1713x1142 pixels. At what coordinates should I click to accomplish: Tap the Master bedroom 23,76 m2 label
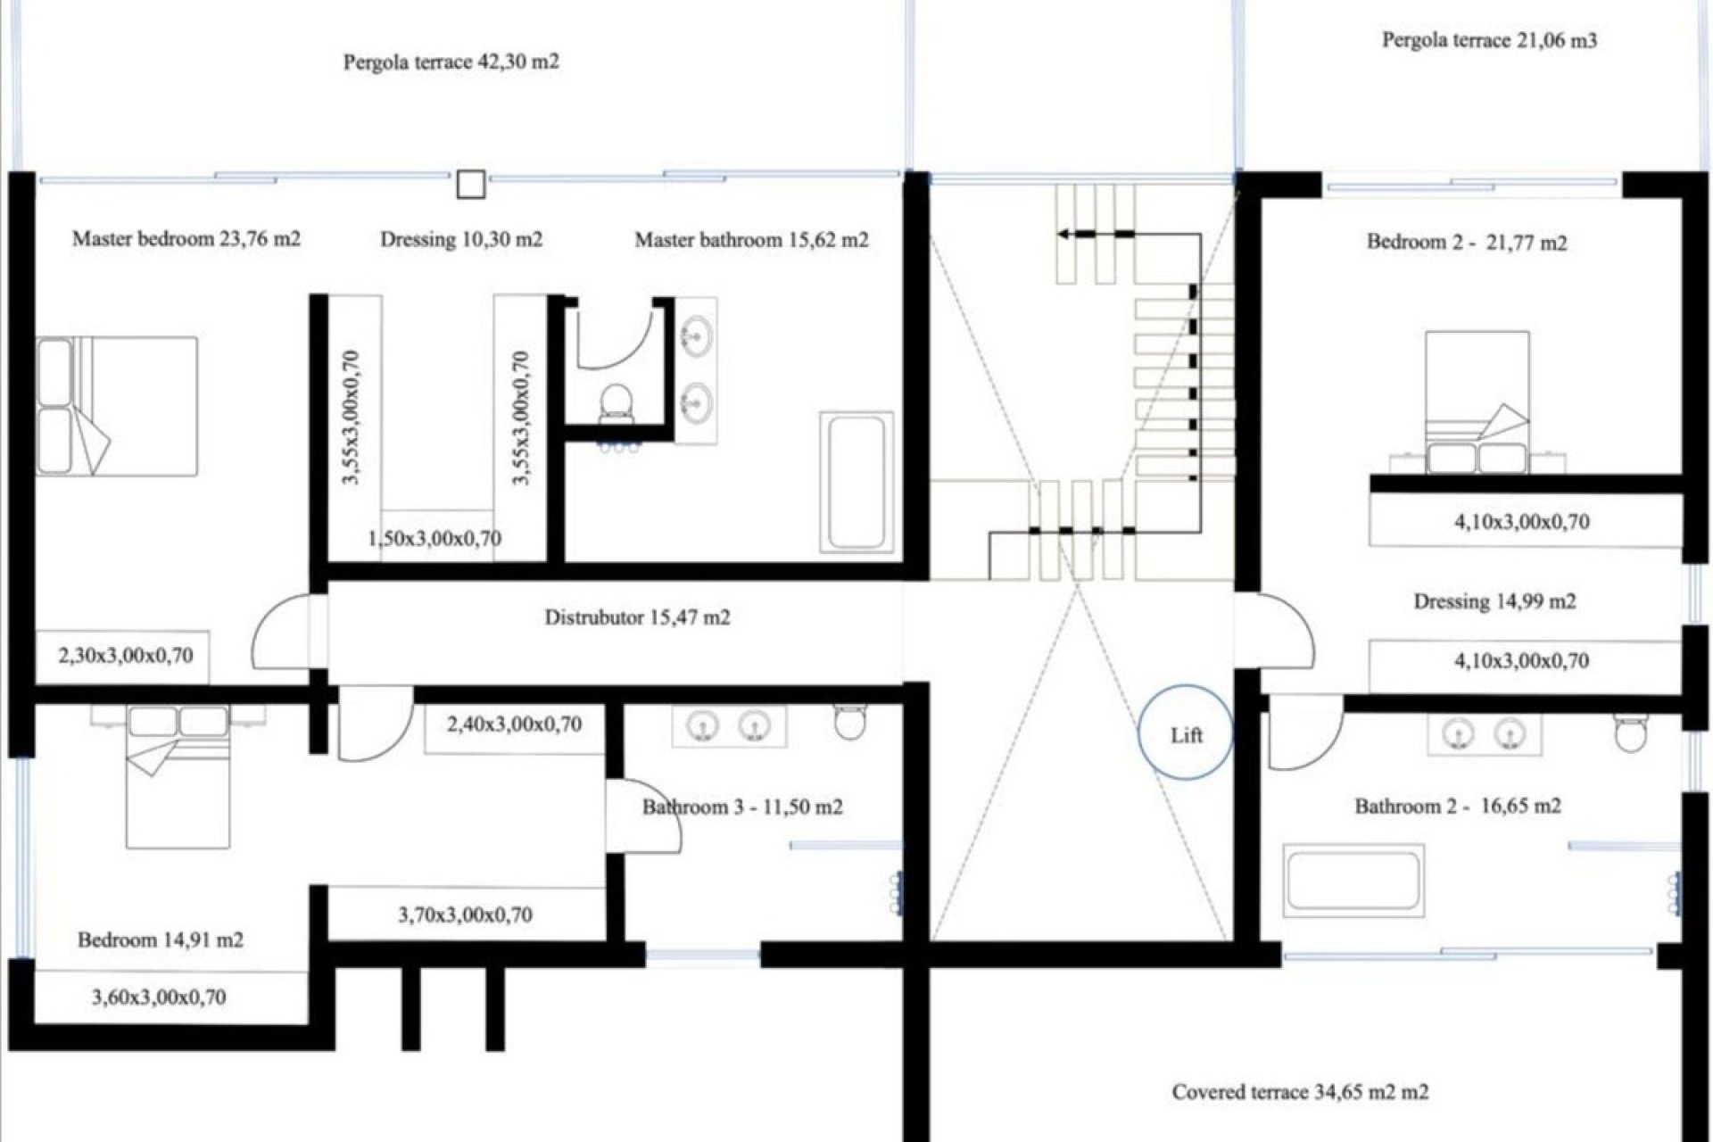tap(186, 239)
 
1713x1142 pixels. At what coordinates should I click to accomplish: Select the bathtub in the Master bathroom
tap(856, 482)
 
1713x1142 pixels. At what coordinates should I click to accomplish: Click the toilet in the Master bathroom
tap(616, 403)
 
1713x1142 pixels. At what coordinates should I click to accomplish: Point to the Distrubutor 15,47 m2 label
tap(637, 617)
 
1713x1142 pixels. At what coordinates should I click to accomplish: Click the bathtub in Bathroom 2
tap(1354, 881)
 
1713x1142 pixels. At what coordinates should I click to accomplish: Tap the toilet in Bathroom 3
tap(849, 721)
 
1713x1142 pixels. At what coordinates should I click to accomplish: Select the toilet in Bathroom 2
tap(1631, 732)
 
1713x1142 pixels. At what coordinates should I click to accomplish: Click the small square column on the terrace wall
tap(471, 185)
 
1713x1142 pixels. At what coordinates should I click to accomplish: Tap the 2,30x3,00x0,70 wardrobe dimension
tap(126, 656)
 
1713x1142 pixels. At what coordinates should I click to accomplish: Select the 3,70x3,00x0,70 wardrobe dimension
tap(465, 914)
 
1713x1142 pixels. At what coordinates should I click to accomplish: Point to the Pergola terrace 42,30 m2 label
tap(451, 62)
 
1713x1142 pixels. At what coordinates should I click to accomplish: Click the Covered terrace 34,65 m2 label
tap(1301, 1092)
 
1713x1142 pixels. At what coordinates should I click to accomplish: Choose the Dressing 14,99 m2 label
tap(1494, 602)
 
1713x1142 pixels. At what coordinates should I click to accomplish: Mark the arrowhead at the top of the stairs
tap(1064, 234)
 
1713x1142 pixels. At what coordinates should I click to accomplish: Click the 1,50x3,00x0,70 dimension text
tap(434, 539)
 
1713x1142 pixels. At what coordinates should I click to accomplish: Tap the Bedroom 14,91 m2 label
tap(161, 940)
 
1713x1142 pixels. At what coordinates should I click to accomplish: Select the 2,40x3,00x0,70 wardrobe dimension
tap(514, 724)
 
